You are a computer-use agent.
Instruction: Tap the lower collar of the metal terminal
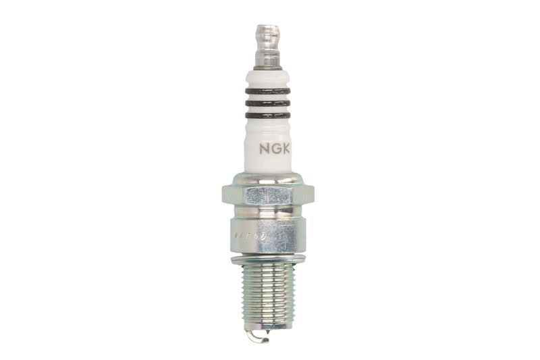coord(267,59)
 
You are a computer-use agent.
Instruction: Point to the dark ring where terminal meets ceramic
coord(267,68)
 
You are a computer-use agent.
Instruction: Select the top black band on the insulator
coord(267,91)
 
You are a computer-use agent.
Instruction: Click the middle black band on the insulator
coord(267,103)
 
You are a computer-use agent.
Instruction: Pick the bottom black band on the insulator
coord(267,115)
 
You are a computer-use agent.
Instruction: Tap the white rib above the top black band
coord(267,80)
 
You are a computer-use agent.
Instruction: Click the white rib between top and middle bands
coord(267,97)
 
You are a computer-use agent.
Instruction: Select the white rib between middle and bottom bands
coord(267,109)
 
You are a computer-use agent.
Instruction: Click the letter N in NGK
coord(265,148)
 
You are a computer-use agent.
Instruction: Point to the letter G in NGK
coord(275,148)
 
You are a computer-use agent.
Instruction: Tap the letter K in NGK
coord(286,148)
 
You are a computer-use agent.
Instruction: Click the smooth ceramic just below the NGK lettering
coord(267,163)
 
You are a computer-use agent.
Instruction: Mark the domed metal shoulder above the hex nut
coord(267,179)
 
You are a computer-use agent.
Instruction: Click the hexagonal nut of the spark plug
coord(267,195)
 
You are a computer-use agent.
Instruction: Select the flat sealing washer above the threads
coord(267,259)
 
